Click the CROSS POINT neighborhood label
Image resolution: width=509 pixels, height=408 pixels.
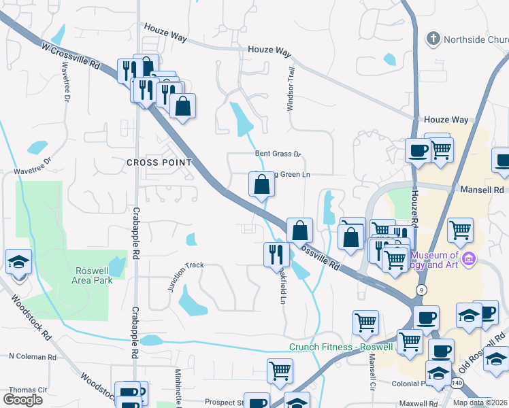pos(159,163)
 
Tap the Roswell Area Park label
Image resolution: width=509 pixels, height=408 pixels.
pos(93,275)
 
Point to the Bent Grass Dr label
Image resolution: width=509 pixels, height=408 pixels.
pos(278,154)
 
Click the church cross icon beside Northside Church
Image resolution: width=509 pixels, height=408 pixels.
pos(433,39)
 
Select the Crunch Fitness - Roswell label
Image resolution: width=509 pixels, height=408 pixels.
pos(341,347)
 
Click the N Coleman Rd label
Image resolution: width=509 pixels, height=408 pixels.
pos(32,356)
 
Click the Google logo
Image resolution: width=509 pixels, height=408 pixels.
pos(22,400)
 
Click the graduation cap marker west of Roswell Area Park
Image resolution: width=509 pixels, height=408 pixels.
pos(18,262)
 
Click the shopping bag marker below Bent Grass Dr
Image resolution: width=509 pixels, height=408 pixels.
pos(261,184)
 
